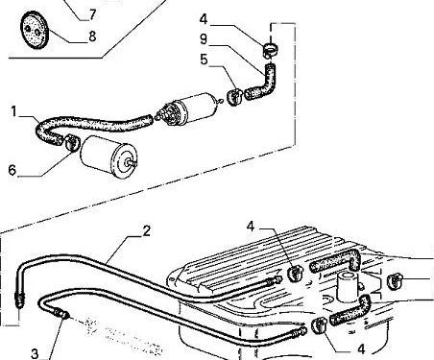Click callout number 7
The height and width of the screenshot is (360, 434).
(x=92, y=13)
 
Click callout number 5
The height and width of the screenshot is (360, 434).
(x=205, y=59)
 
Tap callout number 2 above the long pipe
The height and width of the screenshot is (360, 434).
(x=146, y=230)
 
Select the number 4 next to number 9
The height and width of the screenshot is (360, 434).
(x=204, y=18)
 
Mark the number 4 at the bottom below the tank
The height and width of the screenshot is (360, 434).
(x=361, y=349)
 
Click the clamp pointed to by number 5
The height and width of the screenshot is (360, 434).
(x=234, y=96)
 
